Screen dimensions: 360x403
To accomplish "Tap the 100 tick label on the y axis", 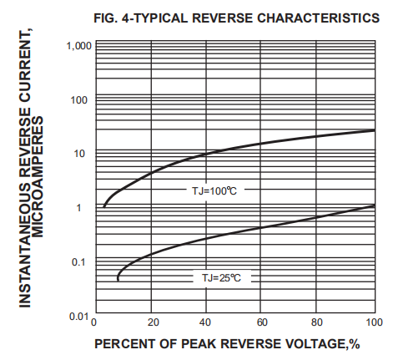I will click(80, 100).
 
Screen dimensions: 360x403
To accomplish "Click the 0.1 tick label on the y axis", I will click(80, 262).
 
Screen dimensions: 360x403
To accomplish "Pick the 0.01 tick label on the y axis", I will click(78, 317).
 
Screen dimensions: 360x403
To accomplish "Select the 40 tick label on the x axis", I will click(207, 323).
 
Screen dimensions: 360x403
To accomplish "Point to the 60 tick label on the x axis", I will click(263, 323).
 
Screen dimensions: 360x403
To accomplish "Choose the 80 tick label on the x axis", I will click(319, 323).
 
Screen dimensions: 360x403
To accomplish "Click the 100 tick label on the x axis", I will click(374, 323).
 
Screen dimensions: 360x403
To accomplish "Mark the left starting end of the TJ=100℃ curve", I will click(103, 205).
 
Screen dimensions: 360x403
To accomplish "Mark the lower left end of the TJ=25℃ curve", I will click(118, 280).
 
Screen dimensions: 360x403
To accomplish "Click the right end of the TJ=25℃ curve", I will click(374, 205).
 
